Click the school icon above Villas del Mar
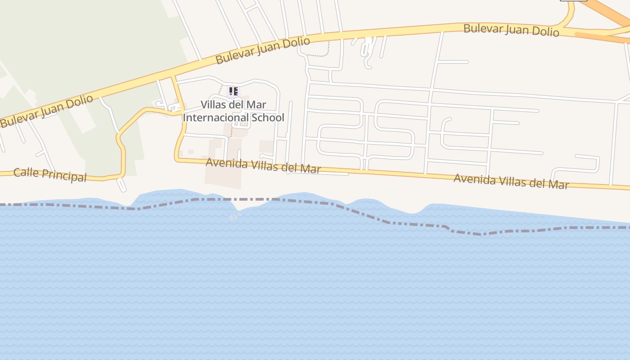pos(233,91)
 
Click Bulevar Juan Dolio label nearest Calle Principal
pos(46,110)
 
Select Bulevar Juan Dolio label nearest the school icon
pos(263,50)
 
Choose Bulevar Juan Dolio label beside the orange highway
pos(511,30)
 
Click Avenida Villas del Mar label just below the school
pos(263,166)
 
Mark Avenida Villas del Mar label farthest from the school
pos(511,181)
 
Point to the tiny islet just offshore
pos(234,217)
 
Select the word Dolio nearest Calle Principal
pos(79,102)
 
